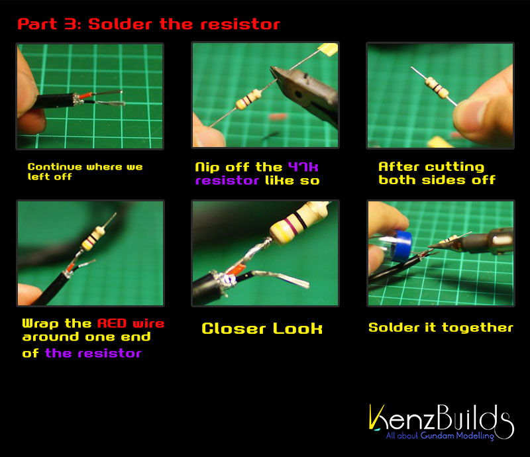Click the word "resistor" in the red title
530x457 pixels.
240,25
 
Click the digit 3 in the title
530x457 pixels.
71,24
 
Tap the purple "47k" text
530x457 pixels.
303,167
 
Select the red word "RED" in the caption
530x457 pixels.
112,323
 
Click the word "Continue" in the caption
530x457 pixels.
55,167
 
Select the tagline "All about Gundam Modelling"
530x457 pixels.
440,436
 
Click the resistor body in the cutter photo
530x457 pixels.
248,99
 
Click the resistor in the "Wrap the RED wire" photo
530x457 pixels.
93,238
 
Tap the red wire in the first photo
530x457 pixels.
85,95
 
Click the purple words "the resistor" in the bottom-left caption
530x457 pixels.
93,353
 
